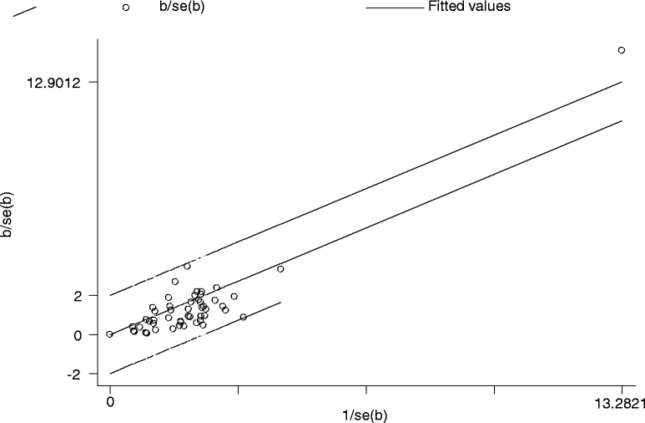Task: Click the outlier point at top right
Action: click(621, 50)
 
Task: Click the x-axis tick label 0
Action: click(109, 402)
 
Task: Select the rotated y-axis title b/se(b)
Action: click(8, 216)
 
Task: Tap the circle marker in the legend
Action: click(126, 8)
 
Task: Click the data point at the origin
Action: click(109, 334)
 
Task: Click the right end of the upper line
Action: click(622, 82)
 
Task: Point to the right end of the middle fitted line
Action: click(622, 120)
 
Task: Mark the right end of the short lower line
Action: click(280, 303)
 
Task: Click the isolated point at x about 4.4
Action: click(280, 268)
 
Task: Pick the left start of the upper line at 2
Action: click(110, 295)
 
